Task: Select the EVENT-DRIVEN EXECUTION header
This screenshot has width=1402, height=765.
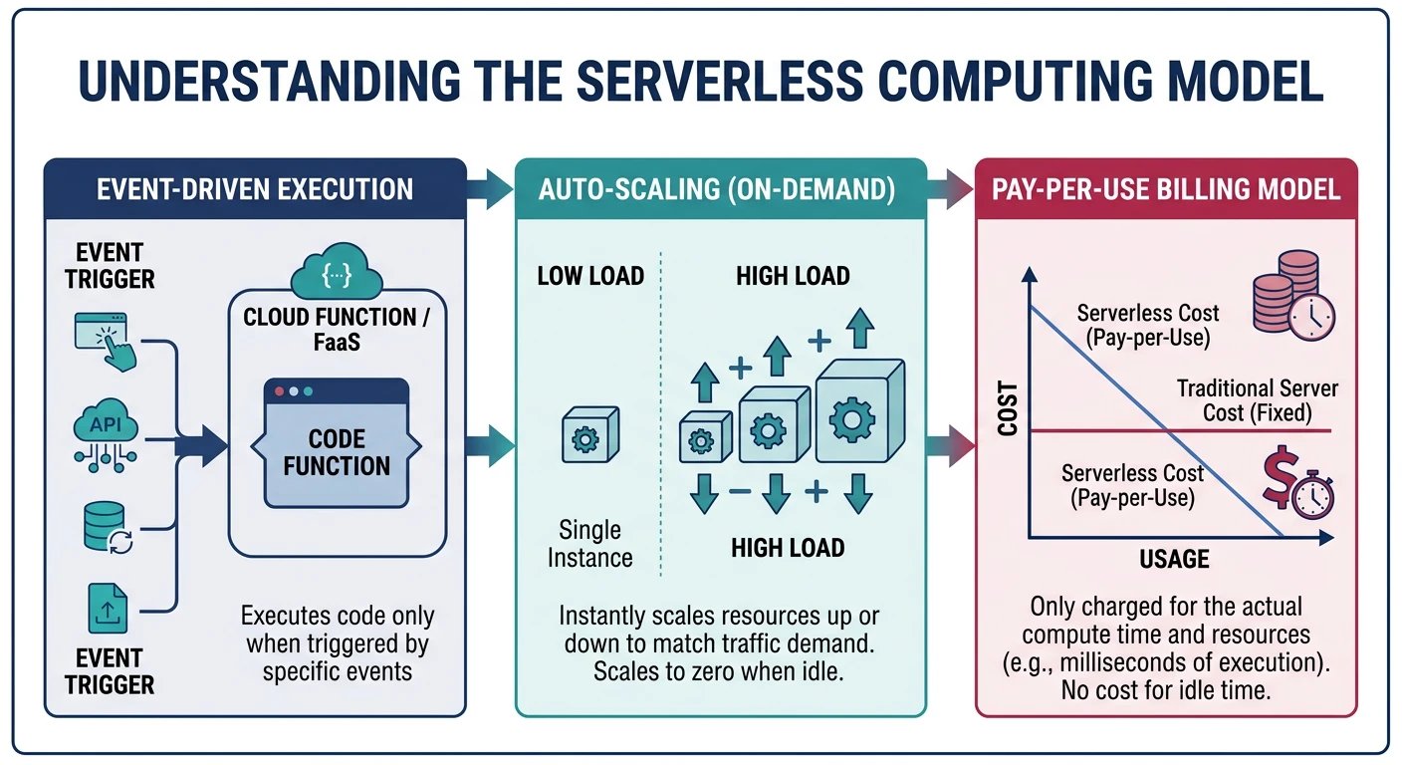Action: [x=255, y=189]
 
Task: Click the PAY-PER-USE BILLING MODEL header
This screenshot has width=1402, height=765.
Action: [x=1165, y=189]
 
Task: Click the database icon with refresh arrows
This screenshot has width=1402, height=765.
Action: [x=106, y=527]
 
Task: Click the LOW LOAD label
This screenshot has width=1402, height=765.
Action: [x=590, y=276]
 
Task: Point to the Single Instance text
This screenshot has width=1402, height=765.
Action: [x=589, y=544]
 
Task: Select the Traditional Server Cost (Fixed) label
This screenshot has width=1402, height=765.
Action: [x=1257, y=399]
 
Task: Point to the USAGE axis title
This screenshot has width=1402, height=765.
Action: [x=1174, y=559]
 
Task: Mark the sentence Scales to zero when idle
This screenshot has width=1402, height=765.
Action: [x=719, y=671]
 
